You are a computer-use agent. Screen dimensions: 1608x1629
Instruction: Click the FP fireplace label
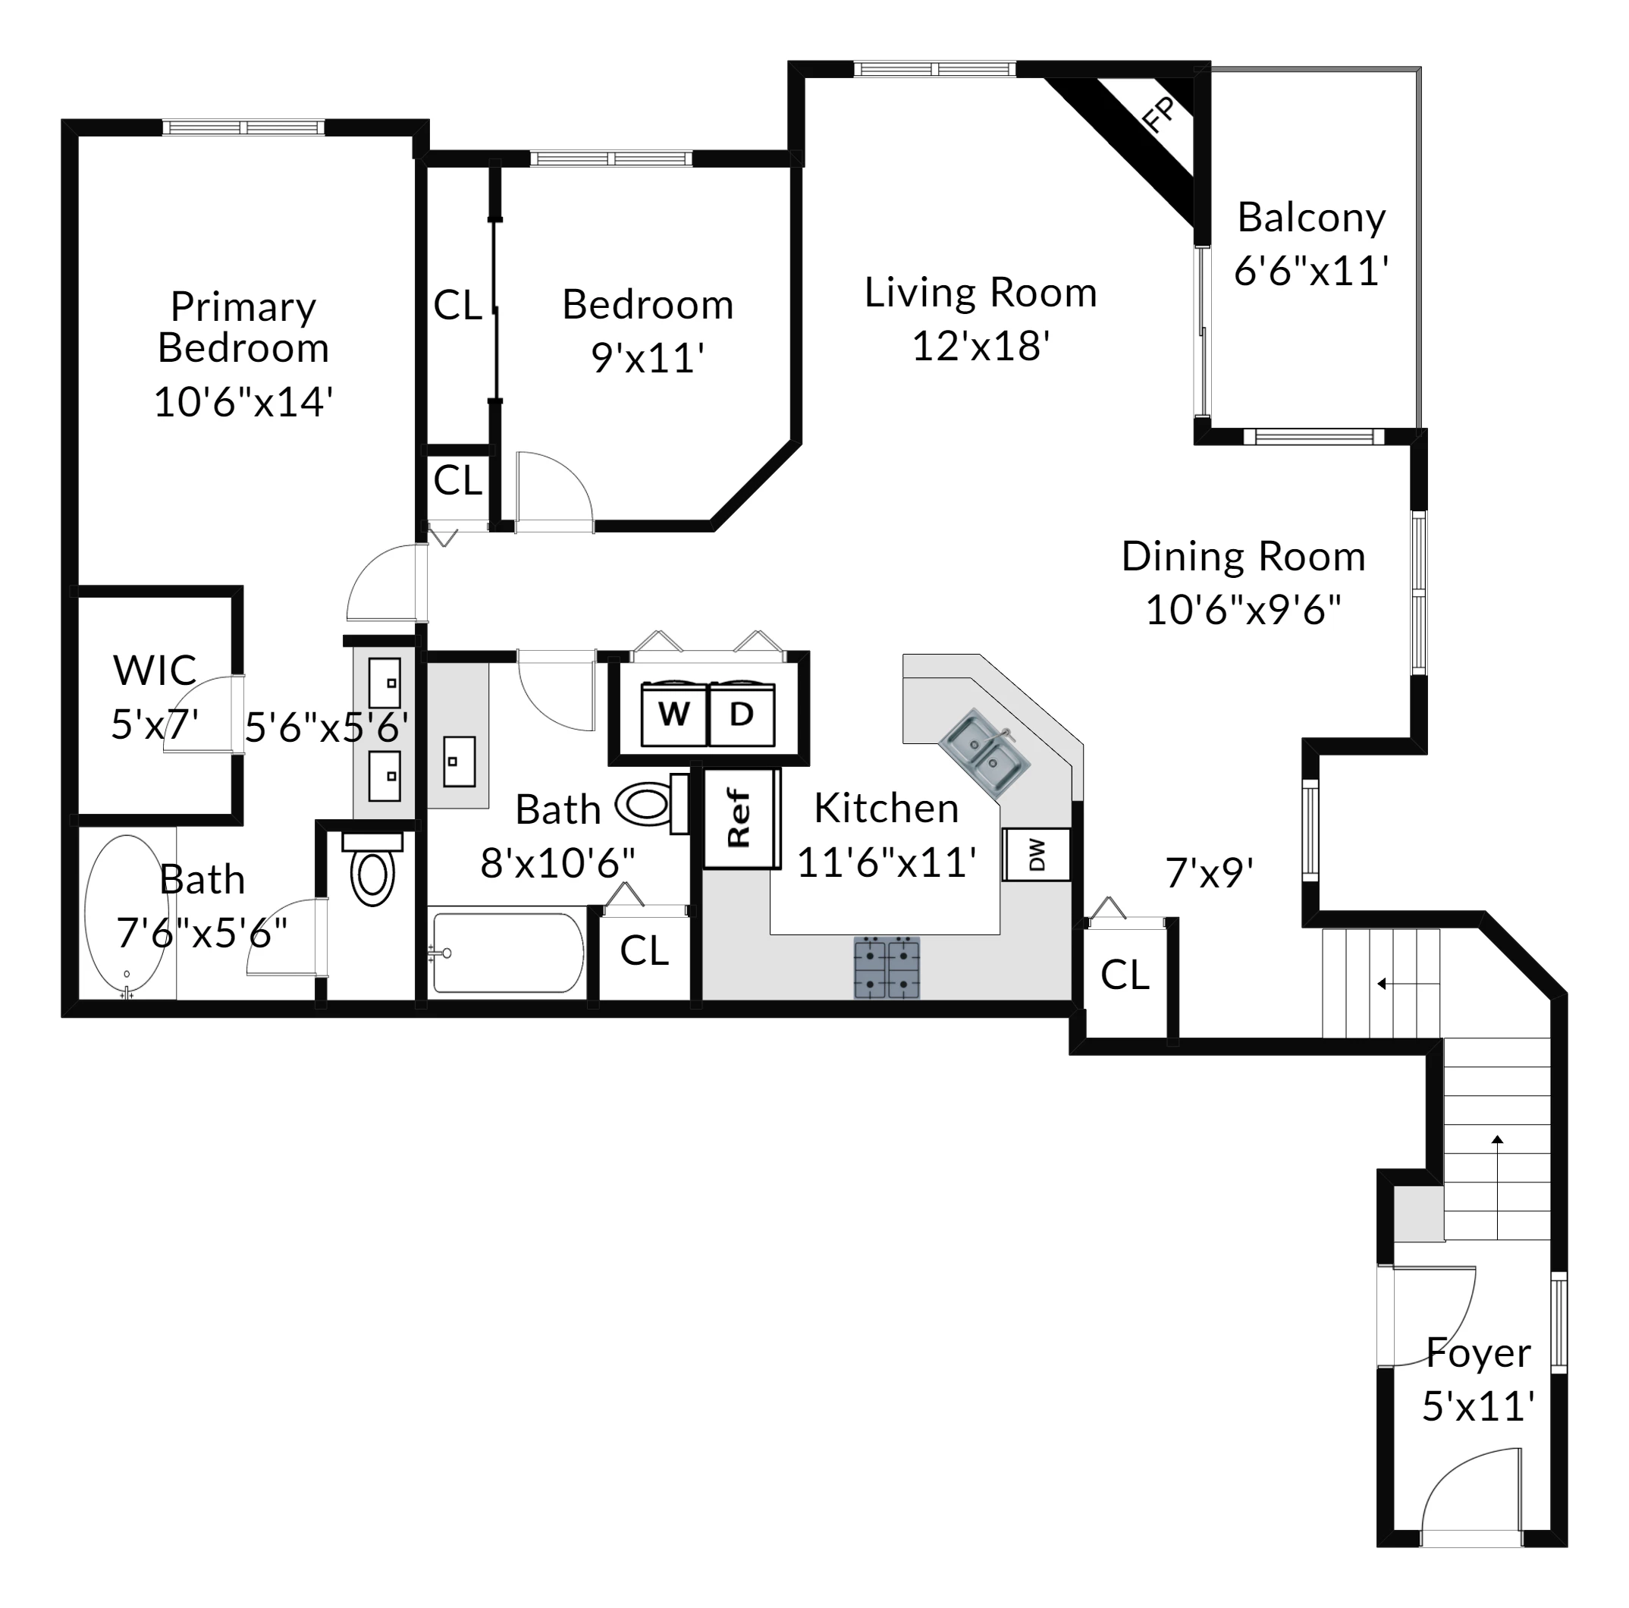pos(1160,115)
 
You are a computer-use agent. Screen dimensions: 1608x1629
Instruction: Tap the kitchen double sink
pos(984,753)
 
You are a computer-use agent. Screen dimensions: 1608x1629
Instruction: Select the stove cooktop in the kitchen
pos(887,967)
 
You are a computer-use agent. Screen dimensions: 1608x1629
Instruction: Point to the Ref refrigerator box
pos(739,818)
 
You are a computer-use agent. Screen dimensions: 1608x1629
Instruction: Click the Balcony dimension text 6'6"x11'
pos(1311,272)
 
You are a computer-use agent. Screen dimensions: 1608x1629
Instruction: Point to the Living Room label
pos(981,293)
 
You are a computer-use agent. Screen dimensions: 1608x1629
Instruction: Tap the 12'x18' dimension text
pos(981,346)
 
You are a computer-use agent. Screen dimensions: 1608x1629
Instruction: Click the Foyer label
pos(1478,1353)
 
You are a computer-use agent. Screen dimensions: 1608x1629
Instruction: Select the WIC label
pos(155,671)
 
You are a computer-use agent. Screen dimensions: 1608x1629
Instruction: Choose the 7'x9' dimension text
pos(1209,873)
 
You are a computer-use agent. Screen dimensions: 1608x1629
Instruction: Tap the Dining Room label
pos(1243,557)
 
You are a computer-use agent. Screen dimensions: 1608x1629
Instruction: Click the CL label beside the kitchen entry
pos(1125,975)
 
